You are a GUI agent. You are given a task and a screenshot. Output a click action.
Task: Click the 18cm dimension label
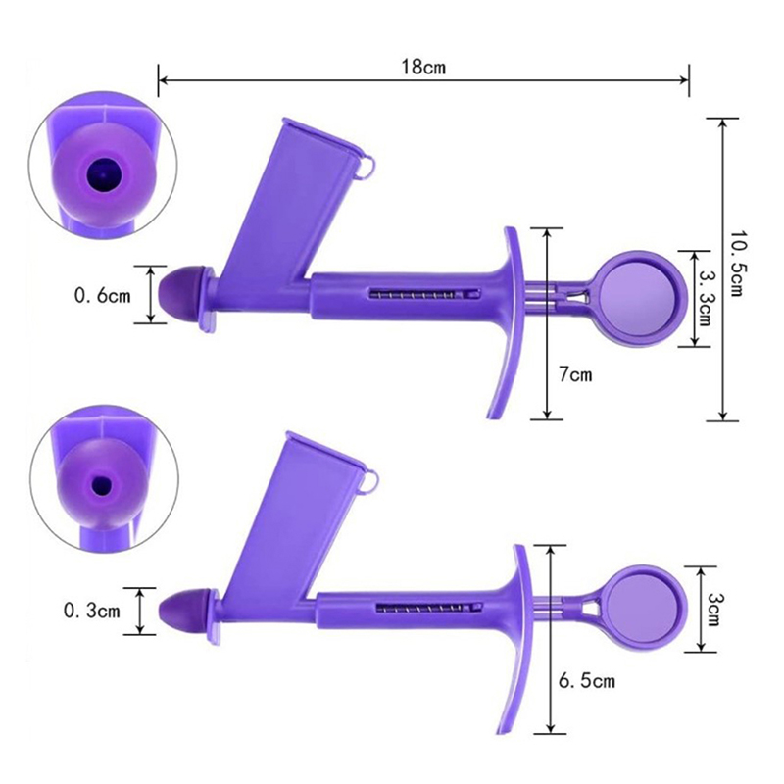coord(423,67)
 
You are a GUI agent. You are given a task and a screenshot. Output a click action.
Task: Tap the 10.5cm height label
coord(736,264)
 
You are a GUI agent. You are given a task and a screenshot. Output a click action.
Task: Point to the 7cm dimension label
coord(575,374)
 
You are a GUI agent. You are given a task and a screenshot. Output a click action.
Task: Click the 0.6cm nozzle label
coord(103,296)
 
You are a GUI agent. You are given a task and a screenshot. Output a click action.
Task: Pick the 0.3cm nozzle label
coord(92,611)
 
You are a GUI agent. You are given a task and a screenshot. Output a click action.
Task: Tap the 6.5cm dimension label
coord(586,681)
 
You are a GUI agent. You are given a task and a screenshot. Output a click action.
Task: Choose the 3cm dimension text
coord(712,610)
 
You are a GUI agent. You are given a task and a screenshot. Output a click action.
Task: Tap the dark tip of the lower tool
coord(181,611)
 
